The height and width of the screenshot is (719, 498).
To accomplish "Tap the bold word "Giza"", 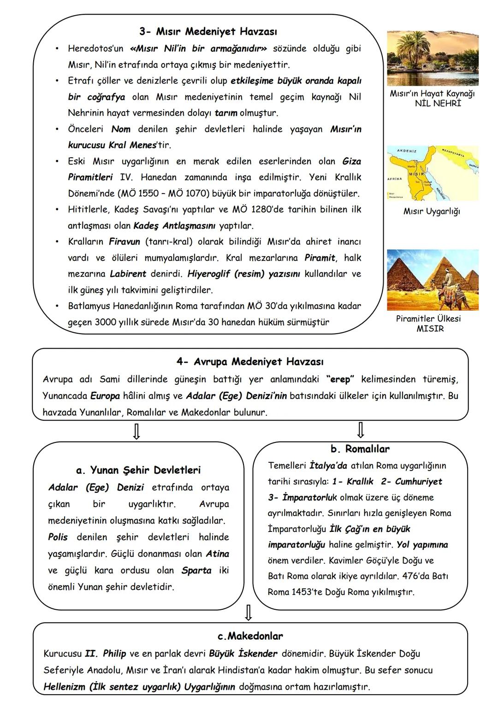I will pyautogui.click(x=351, y=161).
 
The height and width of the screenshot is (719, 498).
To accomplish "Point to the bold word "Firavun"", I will pyautogui.click(x=125, y=242).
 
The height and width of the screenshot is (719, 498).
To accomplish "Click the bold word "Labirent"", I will pyautogui.click(x=128, y=274).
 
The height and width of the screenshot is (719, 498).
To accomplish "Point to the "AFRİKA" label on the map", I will pyautogui.click(x=395, y=178).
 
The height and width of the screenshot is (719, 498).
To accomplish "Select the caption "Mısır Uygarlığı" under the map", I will pyautogui.click(x=431, y=212).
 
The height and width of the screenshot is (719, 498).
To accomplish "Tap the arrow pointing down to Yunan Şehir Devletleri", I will pyautogui.click(x=136, y=431).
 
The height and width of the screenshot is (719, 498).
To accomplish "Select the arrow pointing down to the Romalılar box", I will pyautogui.click(x=361, y=430).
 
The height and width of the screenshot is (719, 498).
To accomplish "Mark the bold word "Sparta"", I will pyautogui.click(x=196, y=570).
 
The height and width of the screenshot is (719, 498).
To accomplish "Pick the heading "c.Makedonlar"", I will pyautogui.click(x=250, y=636).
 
